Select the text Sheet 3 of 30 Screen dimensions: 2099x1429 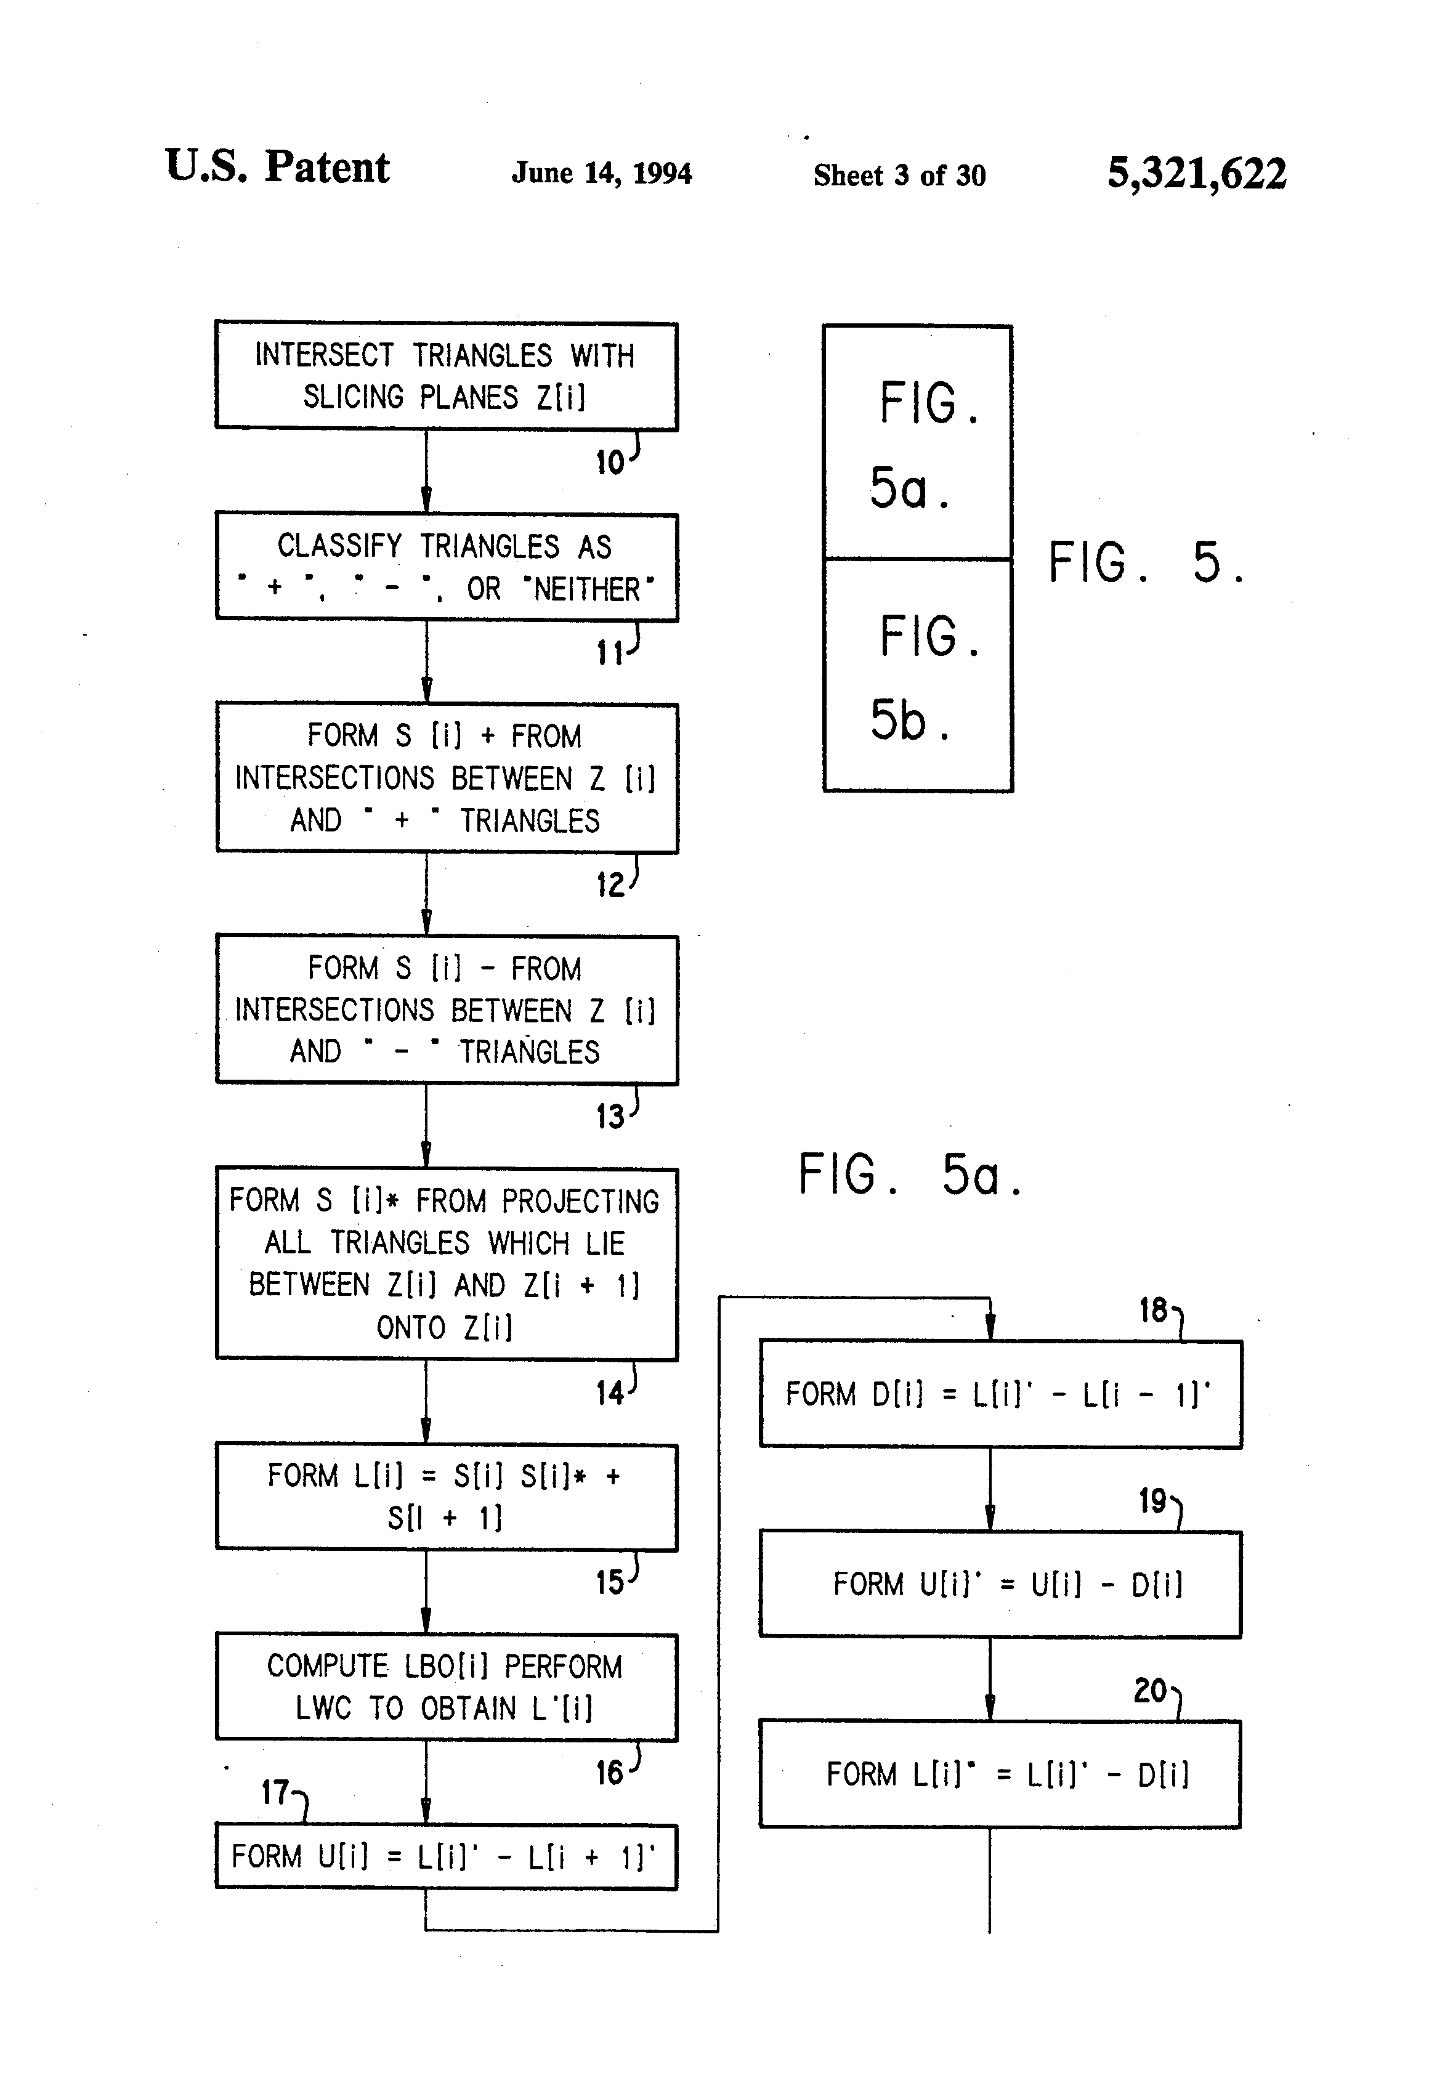pyautogui.click(x=899, y=175)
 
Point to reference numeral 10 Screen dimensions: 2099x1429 pyautogui.click(x=610, y=463)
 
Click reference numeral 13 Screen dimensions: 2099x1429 pyautogui.click(x=610, y=1117)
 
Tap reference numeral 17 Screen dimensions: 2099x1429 pyautogui.click(x=275, y=1793)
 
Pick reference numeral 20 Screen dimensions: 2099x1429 pyautogui.click(x=1150, y=1691)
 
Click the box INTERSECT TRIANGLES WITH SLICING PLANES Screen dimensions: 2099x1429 pyautogui.click(x=446, y=376)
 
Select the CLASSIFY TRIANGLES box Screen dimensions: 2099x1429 pyautogui.click(x=446, y=567)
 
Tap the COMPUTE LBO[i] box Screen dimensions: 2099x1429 pyautogui.click(x=446, y=1687)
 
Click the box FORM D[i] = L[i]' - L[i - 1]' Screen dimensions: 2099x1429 pyautogui.click(x=1000, y=1394)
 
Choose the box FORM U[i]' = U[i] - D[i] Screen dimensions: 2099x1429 pyautogui.click(x=1000, y=1584)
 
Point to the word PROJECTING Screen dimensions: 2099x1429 pyautogui.click(x=580, y=1201)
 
